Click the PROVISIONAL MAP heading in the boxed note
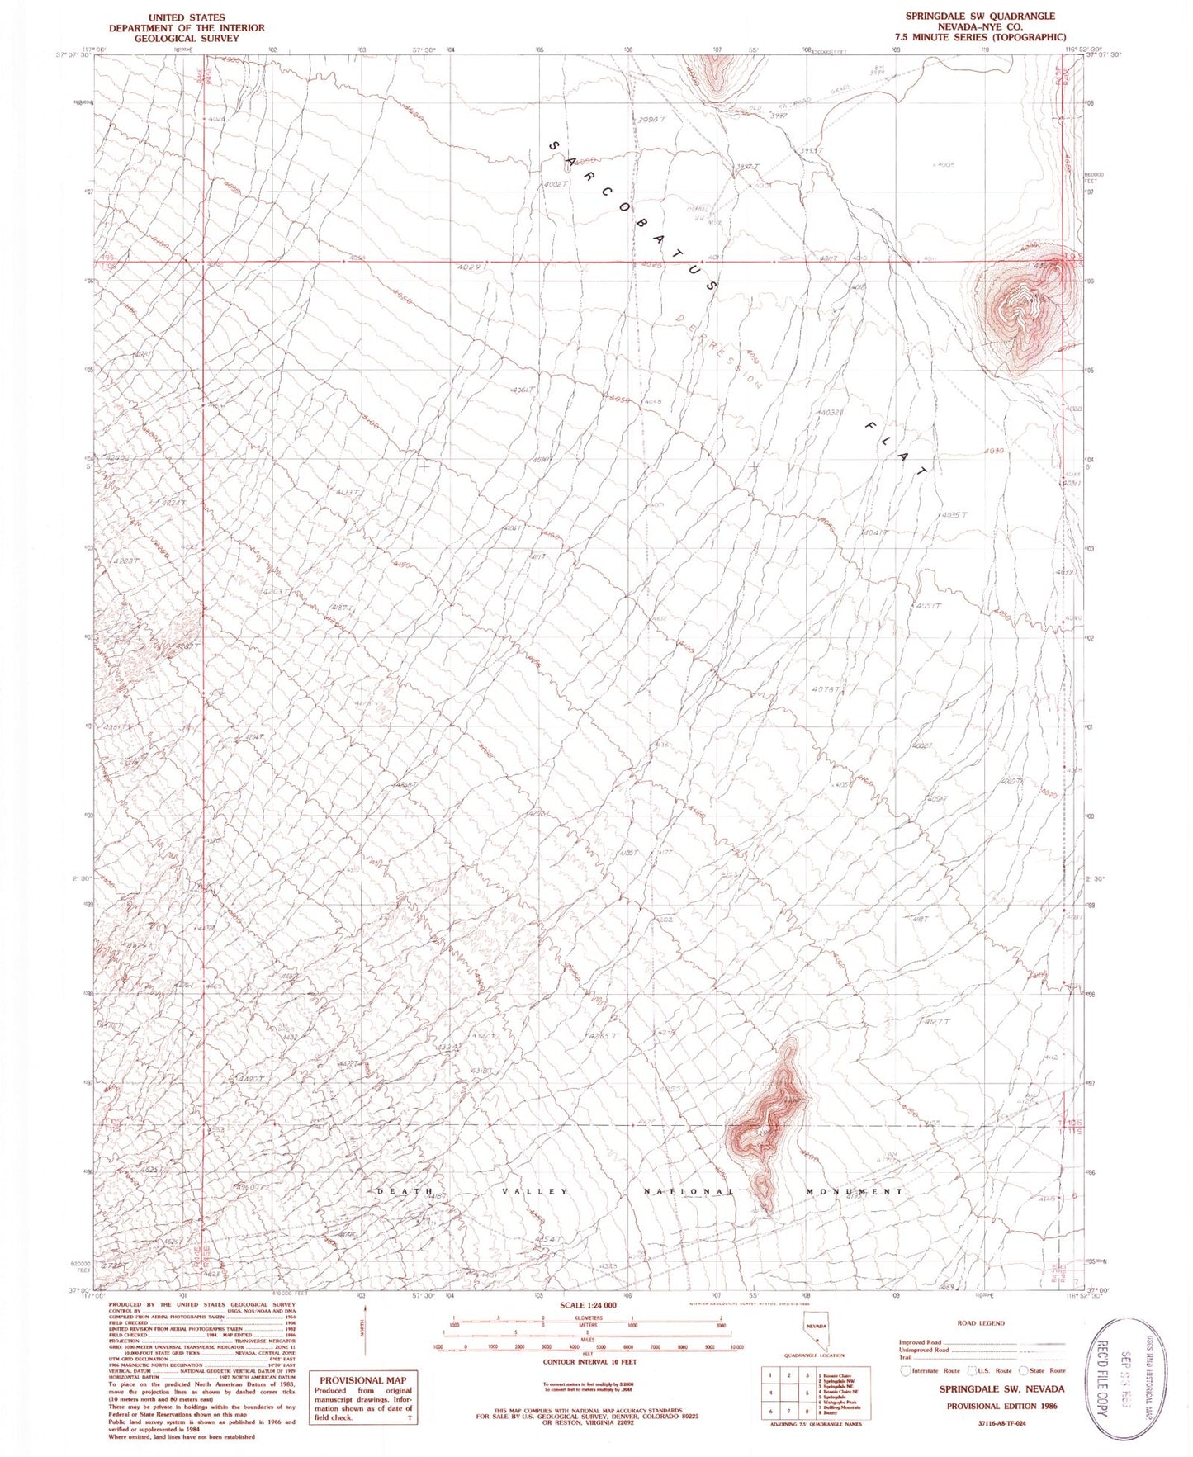(x=363, y=1379)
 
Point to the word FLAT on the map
(x=896, y=448)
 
